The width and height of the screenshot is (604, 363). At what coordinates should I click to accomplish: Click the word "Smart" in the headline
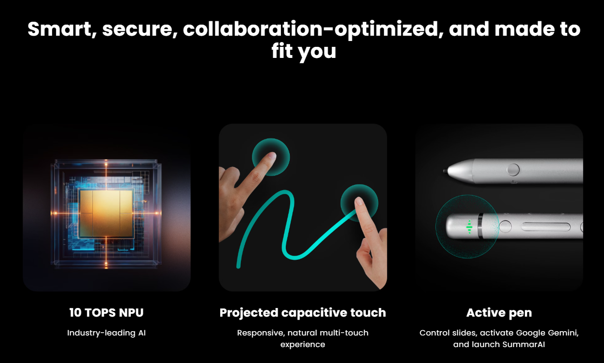[x=60, y=29]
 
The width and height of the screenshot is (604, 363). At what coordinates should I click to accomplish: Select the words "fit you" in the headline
[x=304, y=52]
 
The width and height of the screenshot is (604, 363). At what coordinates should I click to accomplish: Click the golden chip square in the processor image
[x=106, y=213]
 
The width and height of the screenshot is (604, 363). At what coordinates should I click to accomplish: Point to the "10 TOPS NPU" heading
[x=106, y=313]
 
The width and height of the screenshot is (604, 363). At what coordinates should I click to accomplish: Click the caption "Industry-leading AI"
[x=106, y=333]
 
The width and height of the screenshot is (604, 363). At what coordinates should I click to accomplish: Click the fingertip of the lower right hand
[x=359, y=200]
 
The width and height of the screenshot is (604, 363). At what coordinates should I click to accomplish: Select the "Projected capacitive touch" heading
[x=303, y=313]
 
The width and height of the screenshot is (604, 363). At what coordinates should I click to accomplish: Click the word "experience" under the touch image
[x=303, y=344]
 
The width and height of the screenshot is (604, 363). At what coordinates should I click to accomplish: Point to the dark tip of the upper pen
[x=445, y=171]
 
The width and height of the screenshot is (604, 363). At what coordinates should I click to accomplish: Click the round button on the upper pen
[x=513, y=169]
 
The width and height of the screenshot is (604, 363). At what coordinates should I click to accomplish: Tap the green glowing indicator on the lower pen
[x=469, y=227]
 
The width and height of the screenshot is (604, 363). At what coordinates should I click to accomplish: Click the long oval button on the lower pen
[x=546, y=227]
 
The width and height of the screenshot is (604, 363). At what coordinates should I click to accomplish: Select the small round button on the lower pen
[x=505, y=226]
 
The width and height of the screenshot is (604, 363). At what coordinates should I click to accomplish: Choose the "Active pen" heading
[x=499, y=313]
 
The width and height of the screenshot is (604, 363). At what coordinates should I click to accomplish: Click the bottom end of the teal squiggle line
[x=239, y=266]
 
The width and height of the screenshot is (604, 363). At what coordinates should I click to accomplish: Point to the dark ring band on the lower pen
[x=480, y=226]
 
